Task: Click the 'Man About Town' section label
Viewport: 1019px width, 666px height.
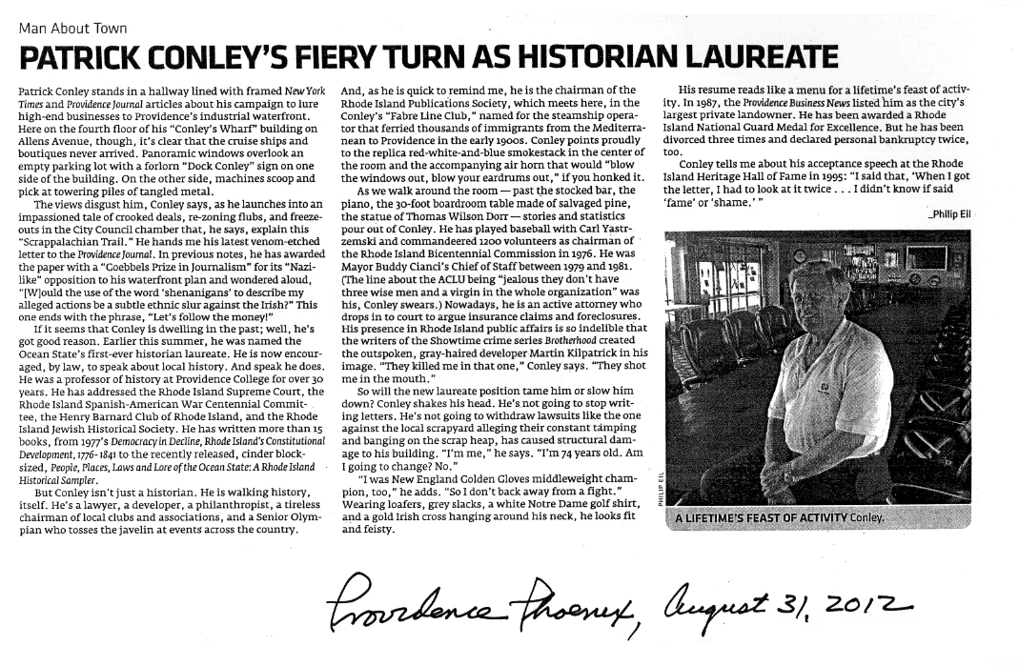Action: click(72, 29)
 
